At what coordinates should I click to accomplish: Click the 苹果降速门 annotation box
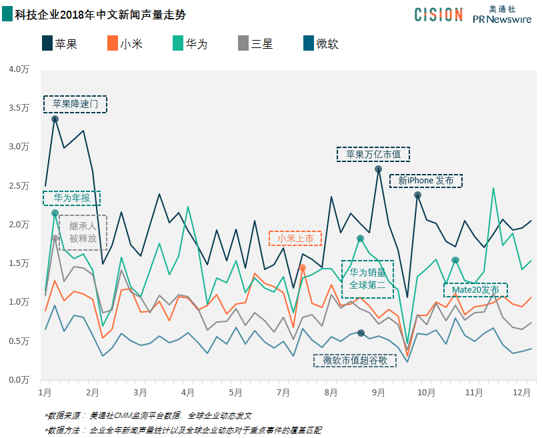75,104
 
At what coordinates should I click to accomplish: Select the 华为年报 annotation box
71,198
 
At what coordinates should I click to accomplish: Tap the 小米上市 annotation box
295,239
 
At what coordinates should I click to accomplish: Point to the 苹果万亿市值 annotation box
373,154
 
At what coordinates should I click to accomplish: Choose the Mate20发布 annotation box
475,290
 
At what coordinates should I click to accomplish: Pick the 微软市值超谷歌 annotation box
355,360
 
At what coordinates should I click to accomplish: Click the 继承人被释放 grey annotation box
83,232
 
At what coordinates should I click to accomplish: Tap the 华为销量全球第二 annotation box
367,279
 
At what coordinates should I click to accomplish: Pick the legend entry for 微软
320,44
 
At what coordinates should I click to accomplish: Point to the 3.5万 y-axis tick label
19,108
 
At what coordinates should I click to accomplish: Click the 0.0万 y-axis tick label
19,380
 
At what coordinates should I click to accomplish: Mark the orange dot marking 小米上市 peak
302,267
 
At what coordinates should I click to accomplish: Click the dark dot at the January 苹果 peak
55,119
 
